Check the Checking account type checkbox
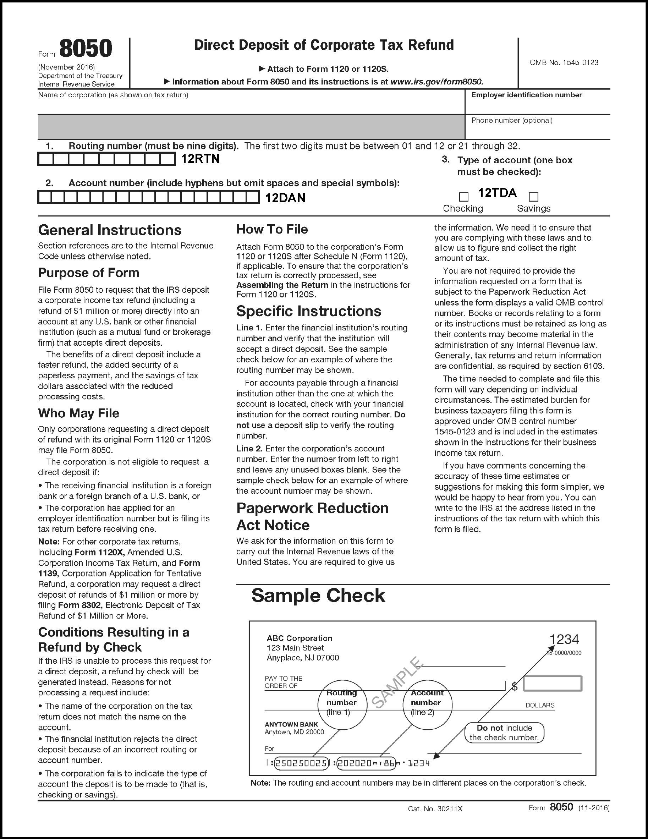coord(463,197)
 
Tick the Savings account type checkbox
coord(533,197)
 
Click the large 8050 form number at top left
coord(86,49)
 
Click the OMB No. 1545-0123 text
coord(564,62)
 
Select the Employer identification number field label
coord(527,95)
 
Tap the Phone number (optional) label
coord(512,120)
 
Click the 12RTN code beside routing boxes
coord(200,159)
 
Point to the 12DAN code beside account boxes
coord(285,198)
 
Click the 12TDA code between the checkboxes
coord(497,193)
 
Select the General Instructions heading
coord(110,230)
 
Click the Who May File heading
coord(79,413)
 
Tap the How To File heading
coord(272,229)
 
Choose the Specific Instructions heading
coord(308,311)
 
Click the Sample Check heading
coord(318,596)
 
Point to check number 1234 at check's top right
coord(564,639)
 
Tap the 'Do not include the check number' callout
coord(504,733)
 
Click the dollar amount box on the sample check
coord(552,684)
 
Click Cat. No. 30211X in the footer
coord(435,808)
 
